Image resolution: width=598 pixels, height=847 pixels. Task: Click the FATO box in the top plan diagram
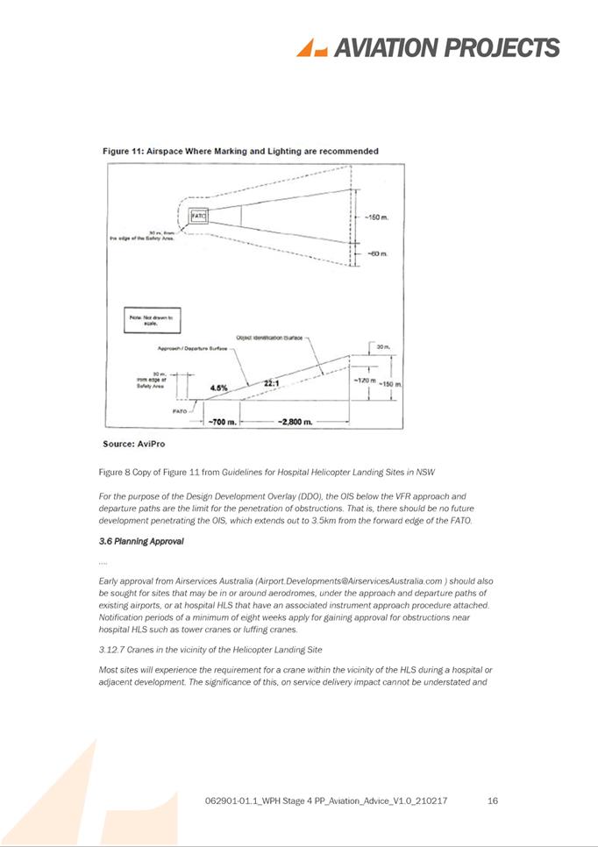198,214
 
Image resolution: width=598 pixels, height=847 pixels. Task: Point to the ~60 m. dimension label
376,254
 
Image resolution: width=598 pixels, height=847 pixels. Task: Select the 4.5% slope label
220,387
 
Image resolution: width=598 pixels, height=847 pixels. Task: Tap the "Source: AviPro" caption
134,444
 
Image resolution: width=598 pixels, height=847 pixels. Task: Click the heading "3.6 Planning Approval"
141,541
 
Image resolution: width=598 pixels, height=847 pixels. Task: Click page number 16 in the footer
492,801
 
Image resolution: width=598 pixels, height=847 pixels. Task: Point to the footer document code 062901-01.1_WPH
258,801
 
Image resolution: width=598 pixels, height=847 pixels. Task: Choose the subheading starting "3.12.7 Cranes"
210,649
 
